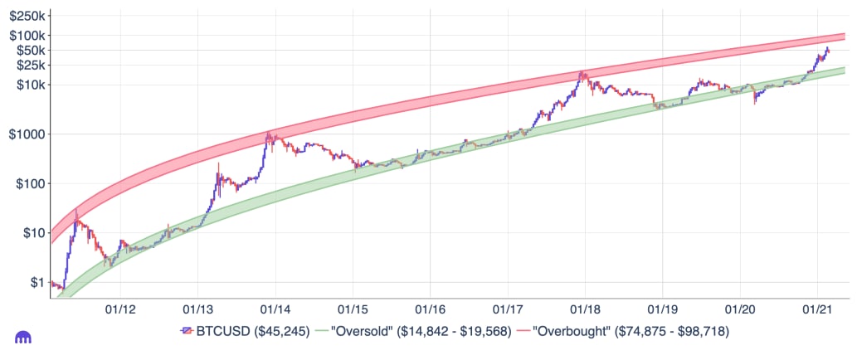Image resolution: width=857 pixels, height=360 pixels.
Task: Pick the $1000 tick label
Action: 27,134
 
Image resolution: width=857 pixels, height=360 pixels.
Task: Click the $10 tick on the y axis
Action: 32,233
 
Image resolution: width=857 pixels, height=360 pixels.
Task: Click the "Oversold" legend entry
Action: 417,331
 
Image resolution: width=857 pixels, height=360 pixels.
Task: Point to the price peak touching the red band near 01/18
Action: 582,72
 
